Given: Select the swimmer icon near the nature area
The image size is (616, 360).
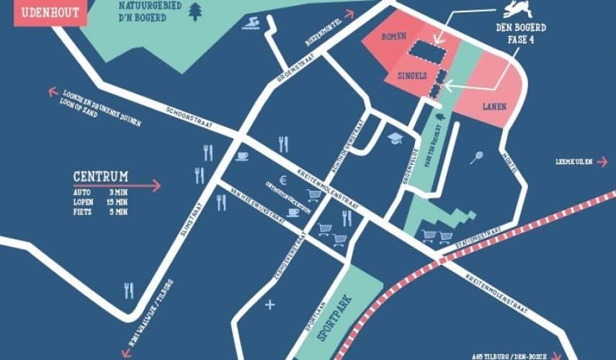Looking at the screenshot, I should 251,27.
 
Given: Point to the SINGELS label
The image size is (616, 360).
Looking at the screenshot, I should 411,76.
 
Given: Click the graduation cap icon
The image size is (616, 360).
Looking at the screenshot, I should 395,138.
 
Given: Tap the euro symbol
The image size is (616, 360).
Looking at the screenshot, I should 284,181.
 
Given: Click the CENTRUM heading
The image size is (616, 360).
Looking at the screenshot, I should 101,176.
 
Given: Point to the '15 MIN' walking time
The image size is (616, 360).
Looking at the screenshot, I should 116,202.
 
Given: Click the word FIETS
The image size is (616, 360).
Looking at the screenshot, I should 83,212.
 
